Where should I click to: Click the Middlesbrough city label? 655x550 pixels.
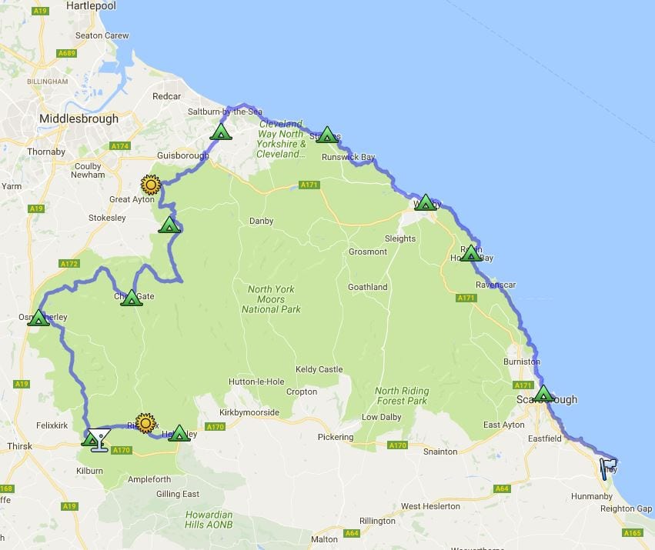click(79, 118)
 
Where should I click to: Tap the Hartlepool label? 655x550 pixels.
click(90, 5)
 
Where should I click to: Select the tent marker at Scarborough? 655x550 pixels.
click(543, 394)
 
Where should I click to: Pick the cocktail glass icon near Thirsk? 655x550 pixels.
click(99, 439)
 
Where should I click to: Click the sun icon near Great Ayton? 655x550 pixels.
click(150, 185)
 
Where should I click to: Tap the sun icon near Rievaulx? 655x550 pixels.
click(145, 422)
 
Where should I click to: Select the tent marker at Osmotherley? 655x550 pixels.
click(38, 317)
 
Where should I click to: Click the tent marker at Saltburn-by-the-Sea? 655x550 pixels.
click(221, 132)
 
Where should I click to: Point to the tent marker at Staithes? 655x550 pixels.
click(327, 135)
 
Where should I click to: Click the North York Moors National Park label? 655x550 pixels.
click(271, 299)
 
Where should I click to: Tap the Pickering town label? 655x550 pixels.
click(336, 437)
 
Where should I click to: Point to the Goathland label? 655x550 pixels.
click(367, 287)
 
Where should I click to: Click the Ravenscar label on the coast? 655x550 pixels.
click(496, 284)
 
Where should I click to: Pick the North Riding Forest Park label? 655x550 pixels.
click(401, 395)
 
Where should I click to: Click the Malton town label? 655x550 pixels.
click(324, 539)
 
